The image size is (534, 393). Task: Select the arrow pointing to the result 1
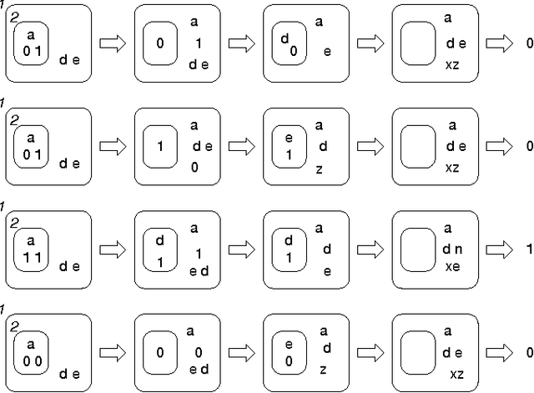[498, 249]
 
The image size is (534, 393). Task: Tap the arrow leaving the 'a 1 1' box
[112, 249]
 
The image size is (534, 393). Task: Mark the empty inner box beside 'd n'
[418, 248]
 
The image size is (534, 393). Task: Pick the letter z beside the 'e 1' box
[319, 169]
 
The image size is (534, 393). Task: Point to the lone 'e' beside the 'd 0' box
[327, 51]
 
